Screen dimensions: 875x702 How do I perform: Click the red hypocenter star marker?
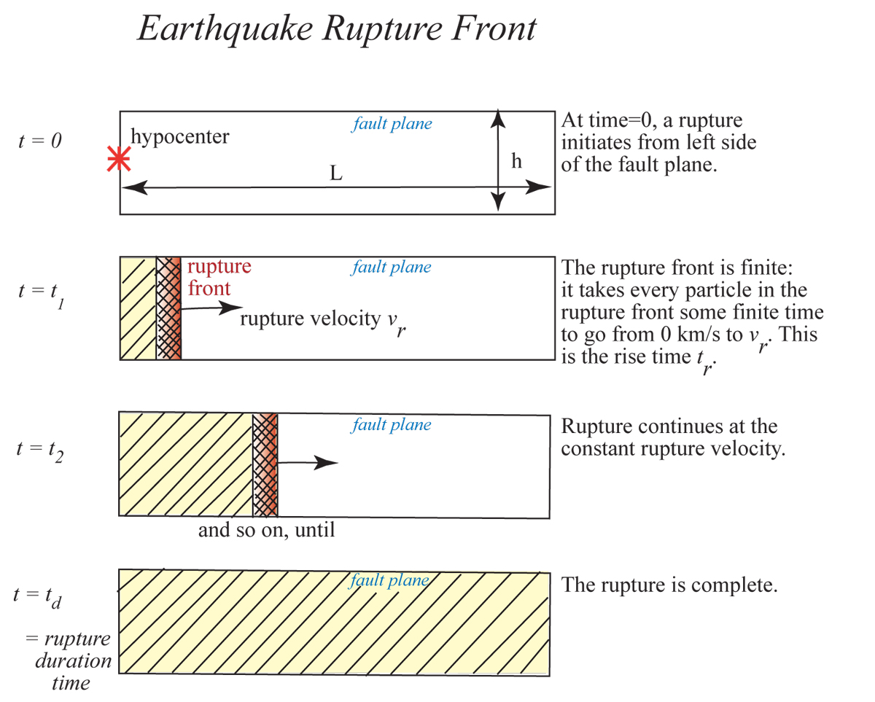[119, 158]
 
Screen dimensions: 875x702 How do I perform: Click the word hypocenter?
[179, 136]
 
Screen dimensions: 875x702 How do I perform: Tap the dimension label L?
[336, 173]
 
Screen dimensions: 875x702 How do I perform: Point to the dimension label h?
[516, 161]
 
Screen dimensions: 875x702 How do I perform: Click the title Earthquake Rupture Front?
[337, 29]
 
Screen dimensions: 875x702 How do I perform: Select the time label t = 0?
[40, 141]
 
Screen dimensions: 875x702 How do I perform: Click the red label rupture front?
[219, 278]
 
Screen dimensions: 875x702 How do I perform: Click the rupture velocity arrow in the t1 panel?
[211, 308]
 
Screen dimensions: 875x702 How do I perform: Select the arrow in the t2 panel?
[308, 462]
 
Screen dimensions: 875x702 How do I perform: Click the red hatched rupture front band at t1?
[168, 308]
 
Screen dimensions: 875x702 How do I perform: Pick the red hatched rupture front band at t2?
[265, 465]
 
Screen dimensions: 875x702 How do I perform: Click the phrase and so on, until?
[266, 530]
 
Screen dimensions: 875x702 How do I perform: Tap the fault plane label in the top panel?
[392, 124]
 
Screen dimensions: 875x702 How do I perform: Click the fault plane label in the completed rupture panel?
[389, 580]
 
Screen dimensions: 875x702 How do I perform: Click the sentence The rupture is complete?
[669, 585]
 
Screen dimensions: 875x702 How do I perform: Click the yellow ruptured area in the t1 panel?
[139, 308]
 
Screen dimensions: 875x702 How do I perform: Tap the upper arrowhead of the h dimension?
[498, 118]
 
